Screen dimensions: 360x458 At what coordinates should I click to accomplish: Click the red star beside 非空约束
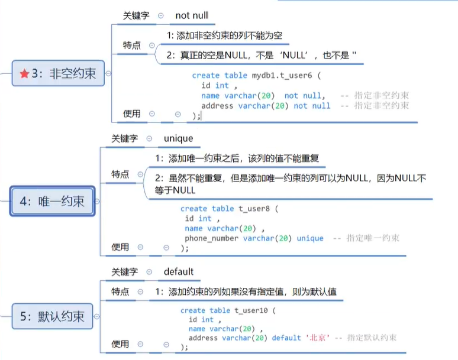click(x=24, y=73)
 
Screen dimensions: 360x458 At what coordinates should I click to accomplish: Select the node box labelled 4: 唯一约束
click(x=53, y=201)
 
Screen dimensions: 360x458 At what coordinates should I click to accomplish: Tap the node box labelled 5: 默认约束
click(x=53, y=316)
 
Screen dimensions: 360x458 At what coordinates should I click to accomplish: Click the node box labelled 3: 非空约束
click(x=57, y=73)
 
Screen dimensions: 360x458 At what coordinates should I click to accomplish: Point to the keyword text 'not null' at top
click(x=192, y=16)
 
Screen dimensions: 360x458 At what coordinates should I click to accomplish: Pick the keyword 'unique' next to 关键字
click(x=179, y=138)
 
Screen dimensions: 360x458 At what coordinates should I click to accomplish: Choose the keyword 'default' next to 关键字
click(x=179, y=272)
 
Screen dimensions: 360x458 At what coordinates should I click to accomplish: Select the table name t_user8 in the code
click(x=253, y=209)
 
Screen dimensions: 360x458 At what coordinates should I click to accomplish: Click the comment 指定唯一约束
click(x=373, y=238)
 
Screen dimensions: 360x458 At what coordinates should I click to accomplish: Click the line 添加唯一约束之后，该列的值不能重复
click(x=237, y=158)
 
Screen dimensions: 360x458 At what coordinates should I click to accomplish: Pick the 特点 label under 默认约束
click(x=121, y=292)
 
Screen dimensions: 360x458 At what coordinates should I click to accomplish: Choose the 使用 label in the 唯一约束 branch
click(x=121, y=247)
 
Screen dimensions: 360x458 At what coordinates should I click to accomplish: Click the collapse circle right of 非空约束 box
click(x=108, y=73)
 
